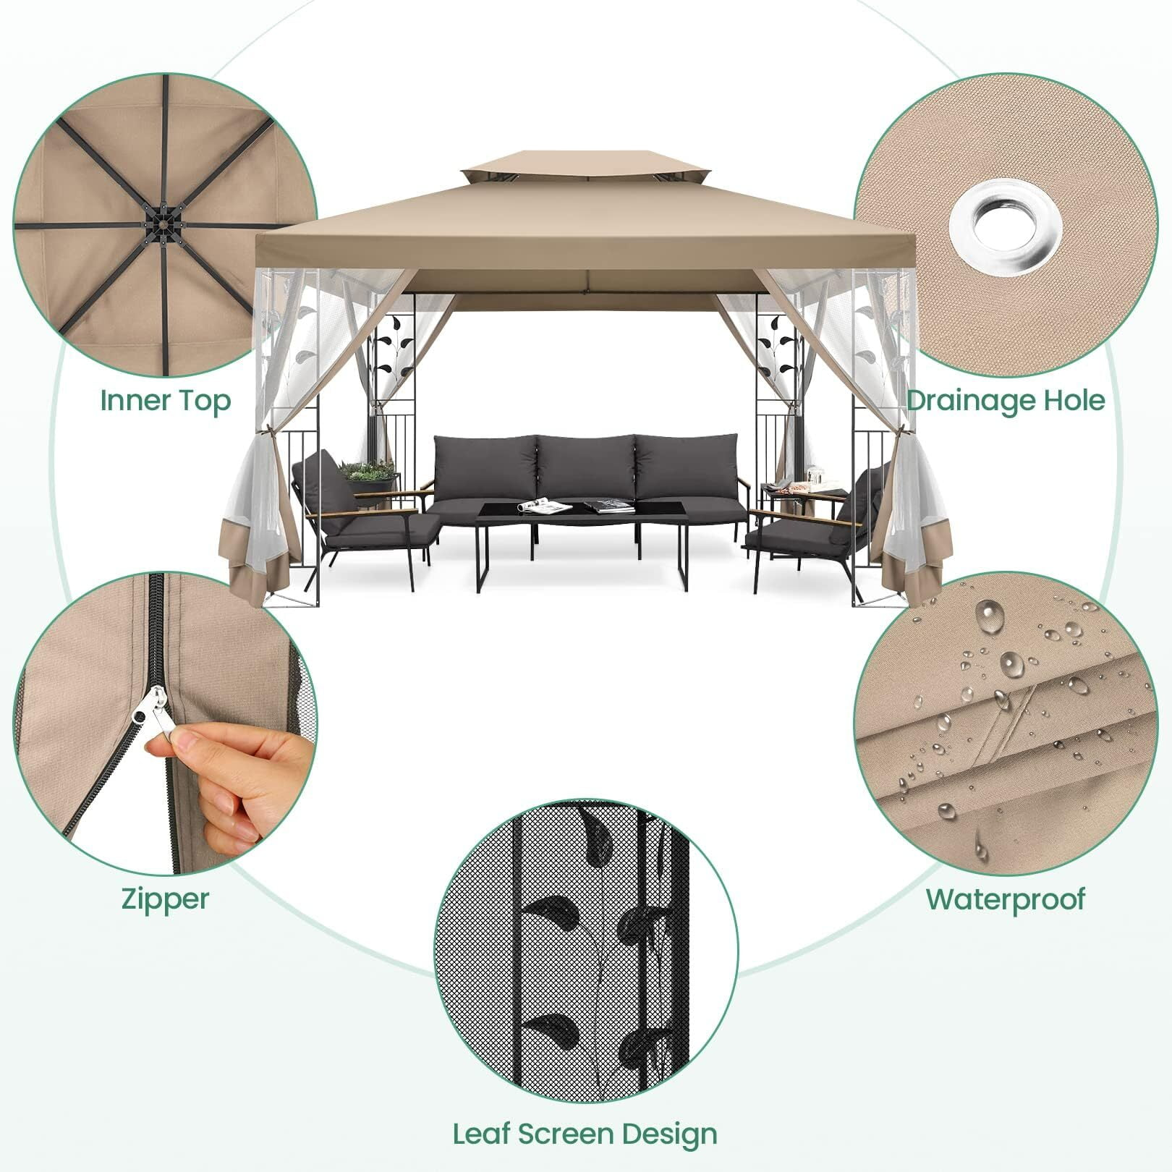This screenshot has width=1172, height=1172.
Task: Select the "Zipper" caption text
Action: [166, 900]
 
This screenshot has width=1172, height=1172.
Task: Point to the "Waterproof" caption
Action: [1006, 900]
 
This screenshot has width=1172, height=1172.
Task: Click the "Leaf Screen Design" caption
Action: [585, 1134]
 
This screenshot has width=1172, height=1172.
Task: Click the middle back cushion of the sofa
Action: [585, 467]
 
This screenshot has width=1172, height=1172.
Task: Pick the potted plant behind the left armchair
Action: [368, 472]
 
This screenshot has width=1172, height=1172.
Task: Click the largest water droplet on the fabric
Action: [990, 616]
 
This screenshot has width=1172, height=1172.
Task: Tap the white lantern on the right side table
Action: [815, 475]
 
